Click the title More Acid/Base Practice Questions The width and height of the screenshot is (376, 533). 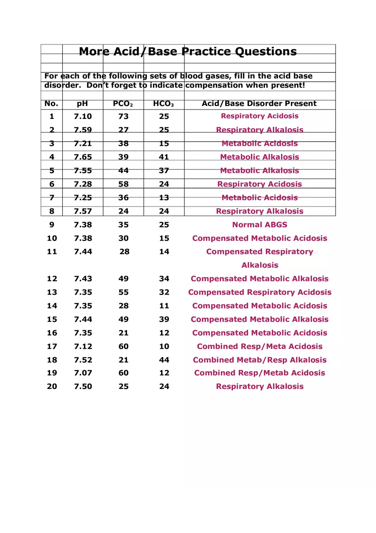coord(188,52)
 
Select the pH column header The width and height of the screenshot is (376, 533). coord(82,103)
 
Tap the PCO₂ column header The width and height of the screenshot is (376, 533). coord(123,103)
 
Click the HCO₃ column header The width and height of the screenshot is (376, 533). coord(164,103)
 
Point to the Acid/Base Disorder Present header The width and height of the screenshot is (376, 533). coord(259,103)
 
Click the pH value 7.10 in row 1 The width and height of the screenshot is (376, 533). coord(82,116)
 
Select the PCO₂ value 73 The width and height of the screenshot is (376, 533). coord(123,116)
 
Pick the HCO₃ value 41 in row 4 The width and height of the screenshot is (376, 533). coord(164,157)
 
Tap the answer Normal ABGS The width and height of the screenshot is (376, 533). coord(259,225)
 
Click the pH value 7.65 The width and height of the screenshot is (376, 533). coord(82,157)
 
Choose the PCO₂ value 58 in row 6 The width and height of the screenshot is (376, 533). coord(123,184)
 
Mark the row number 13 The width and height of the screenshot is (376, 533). coord(52,292)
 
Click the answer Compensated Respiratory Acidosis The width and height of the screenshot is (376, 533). coord(259,292)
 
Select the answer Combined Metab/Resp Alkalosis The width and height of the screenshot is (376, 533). coord(259,360)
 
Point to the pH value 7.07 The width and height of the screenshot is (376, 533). coord(82,373)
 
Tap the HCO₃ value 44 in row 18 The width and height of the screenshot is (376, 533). coord(164,360)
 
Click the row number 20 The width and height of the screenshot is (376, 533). coord(52,386)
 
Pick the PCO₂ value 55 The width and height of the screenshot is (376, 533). coord(123,292)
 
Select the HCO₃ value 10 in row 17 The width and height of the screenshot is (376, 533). coord(164,347)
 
